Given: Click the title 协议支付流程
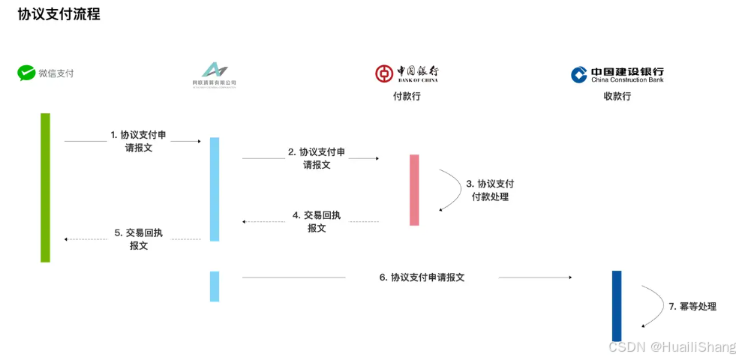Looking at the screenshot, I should [59, 14].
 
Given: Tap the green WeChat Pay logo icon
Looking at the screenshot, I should [27, 73].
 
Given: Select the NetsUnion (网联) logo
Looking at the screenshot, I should [214, 70].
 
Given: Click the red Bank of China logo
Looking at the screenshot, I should [384, 73].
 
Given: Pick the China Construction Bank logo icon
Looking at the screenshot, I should [579, 74].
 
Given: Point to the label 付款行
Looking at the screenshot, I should [407, 96].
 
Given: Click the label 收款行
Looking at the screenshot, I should [617, 96].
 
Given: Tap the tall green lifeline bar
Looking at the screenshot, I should [45, 187].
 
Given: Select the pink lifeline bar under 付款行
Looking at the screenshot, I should [414, 190].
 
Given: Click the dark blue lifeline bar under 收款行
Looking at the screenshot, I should [617, 305].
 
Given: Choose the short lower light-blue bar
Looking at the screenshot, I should [215, 286].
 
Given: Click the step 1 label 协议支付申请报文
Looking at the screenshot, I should [138, 141].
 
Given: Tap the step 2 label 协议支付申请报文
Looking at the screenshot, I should [317, 158].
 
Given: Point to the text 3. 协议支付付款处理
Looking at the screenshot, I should [489, 190].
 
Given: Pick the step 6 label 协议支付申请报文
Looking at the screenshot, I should [422, 277].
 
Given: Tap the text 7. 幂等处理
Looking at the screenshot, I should [692, 306].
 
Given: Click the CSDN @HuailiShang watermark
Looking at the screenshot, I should [672, 347].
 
